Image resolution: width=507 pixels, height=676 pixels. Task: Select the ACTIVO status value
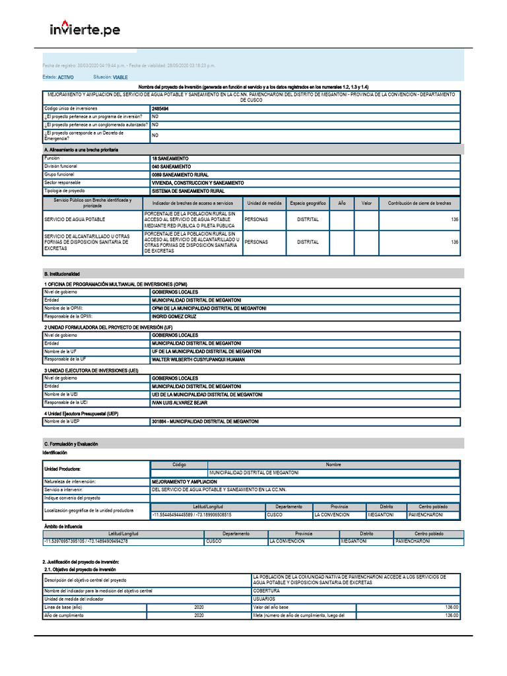pos(66,77)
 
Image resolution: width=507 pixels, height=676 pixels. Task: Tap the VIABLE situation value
pos(120,77)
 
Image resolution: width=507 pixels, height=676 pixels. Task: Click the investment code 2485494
pos(160,108)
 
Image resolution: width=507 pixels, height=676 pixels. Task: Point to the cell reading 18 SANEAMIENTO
pos(170,159)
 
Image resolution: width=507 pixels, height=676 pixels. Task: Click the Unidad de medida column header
pos(265,203)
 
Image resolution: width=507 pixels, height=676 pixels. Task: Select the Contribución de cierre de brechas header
pos(419,203)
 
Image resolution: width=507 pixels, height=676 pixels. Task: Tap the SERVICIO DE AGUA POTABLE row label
pos(75,219)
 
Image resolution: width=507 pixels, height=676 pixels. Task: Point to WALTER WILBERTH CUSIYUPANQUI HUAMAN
pos(199,359)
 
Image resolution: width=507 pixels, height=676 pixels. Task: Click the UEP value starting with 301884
pos(205,421)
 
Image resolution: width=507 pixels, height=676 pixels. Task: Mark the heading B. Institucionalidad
pos(62,273)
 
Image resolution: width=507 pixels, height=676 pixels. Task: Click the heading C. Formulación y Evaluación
pos(71,444)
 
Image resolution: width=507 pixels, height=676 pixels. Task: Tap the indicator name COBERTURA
pos(266,591)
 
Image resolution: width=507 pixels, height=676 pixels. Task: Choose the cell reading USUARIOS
pos(265,599)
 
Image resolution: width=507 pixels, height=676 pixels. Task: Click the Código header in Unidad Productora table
pos(179,465)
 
